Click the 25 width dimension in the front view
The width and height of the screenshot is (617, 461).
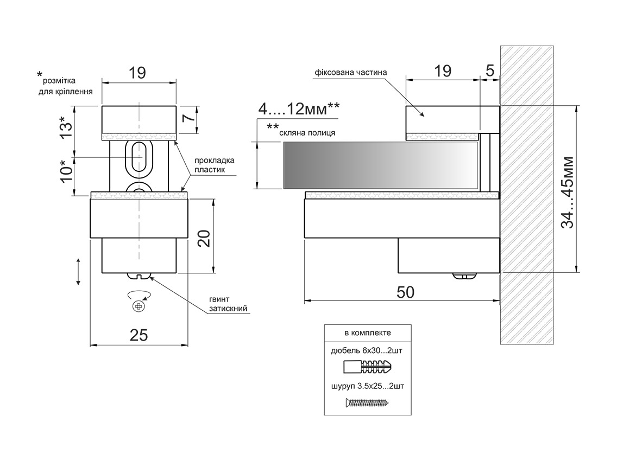pyautogui.click(x=139, y=335)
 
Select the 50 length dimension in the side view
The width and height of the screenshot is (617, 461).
pyautogui.click(x=405, y=292)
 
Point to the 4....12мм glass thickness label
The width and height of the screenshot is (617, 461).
pyautogui.click(x=299, y=109)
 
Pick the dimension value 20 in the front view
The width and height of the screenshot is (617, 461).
pyautogui.click(x=203, y=236)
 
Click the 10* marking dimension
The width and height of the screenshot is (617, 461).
pyautogui.click(x=66, y=171)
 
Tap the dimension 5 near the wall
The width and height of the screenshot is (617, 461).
pyautogui.click(x=490, y=71)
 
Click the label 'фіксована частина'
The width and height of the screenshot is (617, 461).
pyautogui.click(x=350, y=72)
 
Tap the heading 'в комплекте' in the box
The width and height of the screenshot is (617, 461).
pyautogui.click(x=367, y=332)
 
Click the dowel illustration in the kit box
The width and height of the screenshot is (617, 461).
pyautogui.click(x=367, y=369)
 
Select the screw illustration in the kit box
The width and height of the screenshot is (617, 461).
pyautogui.click(x=367, y=402)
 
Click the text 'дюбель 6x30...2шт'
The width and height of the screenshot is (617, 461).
pyautogui.click(x=367, y=351)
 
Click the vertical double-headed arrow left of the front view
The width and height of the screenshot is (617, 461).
pyautogui.click(x=79, y=271)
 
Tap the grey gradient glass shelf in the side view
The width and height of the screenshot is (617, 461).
pyautogui.click(x=380, y=165)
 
